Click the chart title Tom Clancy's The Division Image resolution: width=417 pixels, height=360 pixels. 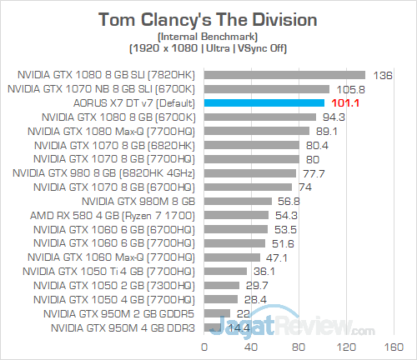208,19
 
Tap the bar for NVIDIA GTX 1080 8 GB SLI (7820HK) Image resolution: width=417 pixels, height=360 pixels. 284,73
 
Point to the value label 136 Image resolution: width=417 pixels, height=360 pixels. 384,73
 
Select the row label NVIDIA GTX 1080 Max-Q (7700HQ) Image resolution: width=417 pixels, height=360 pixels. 114,130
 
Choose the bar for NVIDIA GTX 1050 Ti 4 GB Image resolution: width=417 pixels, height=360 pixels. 225,272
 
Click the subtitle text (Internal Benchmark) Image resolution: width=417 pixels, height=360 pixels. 208,37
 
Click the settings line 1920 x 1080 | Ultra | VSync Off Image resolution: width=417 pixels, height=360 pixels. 208,48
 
